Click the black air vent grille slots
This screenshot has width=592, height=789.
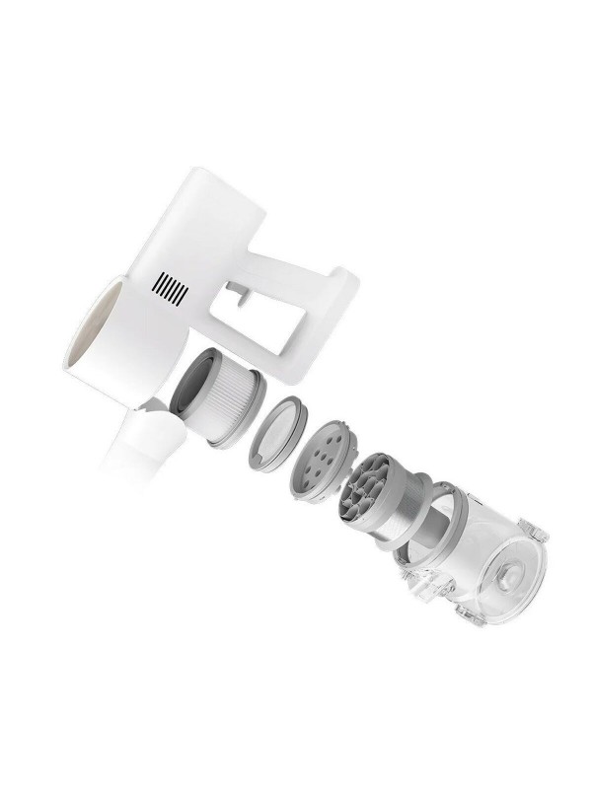[x=170, y=290]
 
